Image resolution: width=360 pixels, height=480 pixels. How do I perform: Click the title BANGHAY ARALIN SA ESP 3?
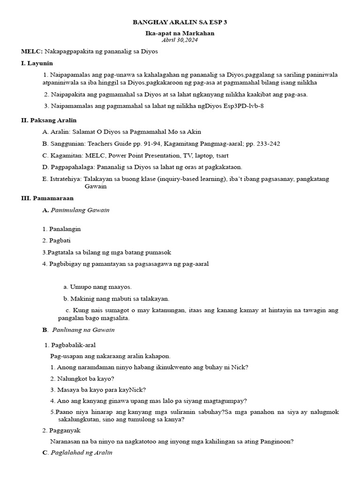click(x=180, y=22)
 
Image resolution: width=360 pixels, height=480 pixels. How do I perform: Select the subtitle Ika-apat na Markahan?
click(x=180, y=33)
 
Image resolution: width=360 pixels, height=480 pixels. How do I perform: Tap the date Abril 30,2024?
click(x=180, y=40)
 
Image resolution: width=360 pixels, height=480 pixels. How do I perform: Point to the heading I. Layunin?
click(x=37, y=63)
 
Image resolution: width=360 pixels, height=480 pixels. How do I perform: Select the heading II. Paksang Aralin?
click(x=49, y=120)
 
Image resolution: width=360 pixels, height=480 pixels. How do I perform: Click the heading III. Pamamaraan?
click(x=47, y=198)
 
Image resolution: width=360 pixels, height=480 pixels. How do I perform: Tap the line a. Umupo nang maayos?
click(x=97, y=286)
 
